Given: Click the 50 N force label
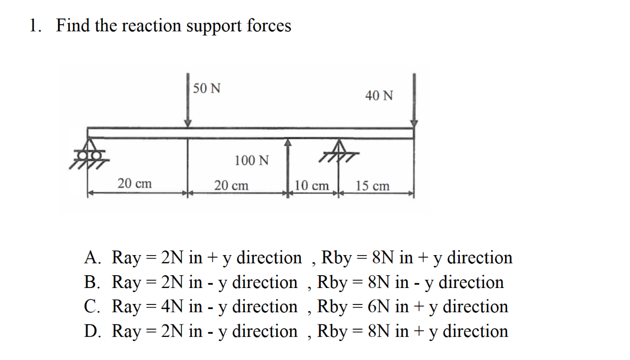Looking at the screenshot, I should pos(208,88).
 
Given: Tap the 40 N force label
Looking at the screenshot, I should pos(379,95).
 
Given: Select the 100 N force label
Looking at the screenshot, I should pos(251,160).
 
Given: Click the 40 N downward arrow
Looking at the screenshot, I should pos(413,100).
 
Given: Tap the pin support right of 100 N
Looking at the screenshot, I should pos(338,149).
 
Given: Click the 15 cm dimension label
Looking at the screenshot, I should pos(373,186).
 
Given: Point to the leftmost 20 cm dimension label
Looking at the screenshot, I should pos(135,183).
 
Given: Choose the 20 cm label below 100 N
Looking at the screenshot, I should pos(231,185).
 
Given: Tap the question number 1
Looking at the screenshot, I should pos(34,26).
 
